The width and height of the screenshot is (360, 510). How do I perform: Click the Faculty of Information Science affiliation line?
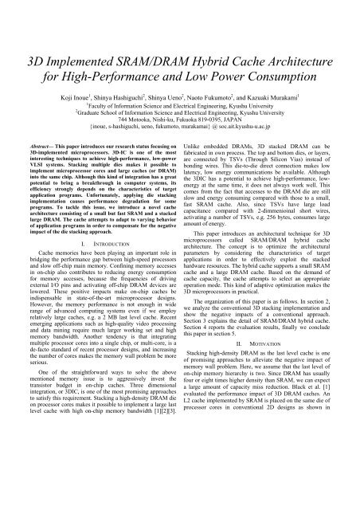click(x=181, y=81)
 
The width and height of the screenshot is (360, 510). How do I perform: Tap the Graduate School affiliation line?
click(x=181, y=91)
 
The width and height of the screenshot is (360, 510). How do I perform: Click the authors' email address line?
click(x=181, y=110)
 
